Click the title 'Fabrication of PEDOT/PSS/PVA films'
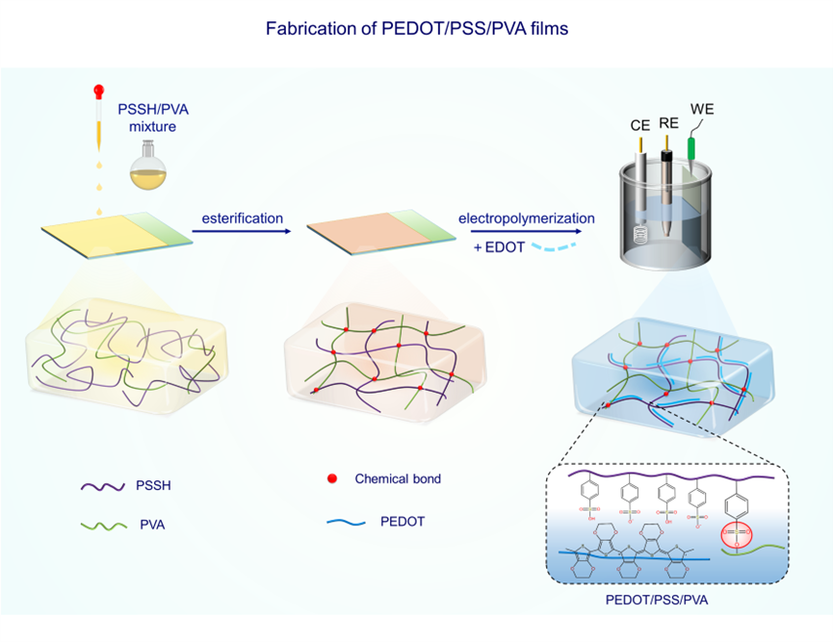416,29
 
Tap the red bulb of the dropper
97,91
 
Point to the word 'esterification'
242,218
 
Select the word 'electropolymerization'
527,218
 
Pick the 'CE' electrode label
639,124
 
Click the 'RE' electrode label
668,124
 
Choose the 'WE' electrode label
702,109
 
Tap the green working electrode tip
691,147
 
